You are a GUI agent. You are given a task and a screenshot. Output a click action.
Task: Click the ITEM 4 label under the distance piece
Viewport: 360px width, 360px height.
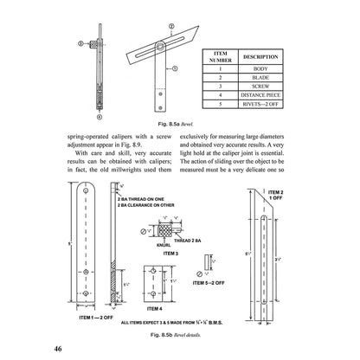152,306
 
